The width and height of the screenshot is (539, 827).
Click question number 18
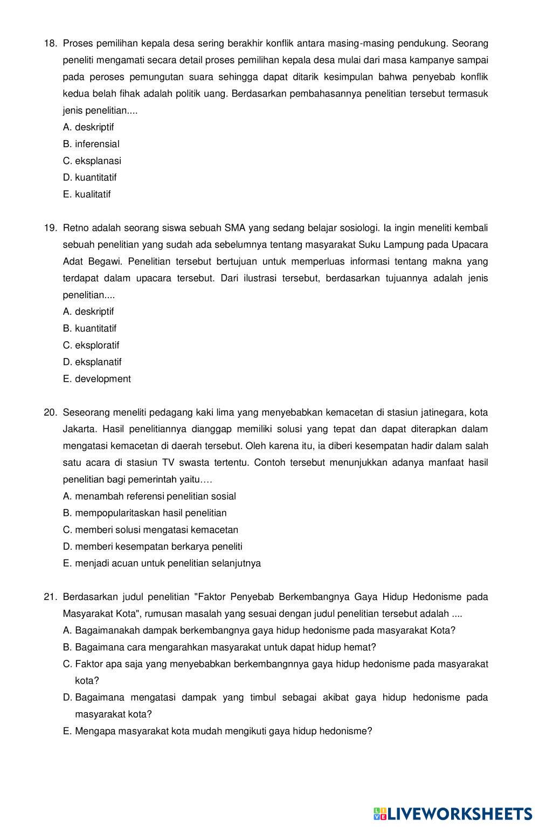[50, 43]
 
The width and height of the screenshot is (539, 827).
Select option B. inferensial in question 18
[91, 144]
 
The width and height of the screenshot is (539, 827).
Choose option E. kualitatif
[87, 194]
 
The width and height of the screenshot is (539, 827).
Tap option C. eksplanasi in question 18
[92, 161]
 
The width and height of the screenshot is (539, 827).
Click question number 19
[50, 228]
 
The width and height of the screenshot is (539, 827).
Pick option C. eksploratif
[91, 345]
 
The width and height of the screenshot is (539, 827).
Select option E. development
[97, 379]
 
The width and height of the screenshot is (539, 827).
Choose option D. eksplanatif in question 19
[92, 362]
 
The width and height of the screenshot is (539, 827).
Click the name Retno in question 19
[76, 228]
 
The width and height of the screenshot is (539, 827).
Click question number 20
[50, 412]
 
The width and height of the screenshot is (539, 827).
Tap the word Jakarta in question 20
[79, 429]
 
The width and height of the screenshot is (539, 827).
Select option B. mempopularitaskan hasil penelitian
[144, 513]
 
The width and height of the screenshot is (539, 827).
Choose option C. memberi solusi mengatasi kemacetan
[150, 530]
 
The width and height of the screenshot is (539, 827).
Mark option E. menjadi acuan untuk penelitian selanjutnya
[162, 563]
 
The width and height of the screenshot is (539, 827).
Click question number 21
[50, 597]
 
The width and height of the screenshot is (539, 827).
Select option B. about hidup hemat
[219, 647]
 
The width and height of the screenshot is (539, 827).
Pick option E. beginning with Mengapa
[217, 731]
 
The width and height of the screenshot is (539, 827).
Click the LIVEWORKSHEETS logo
[453, 814]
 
